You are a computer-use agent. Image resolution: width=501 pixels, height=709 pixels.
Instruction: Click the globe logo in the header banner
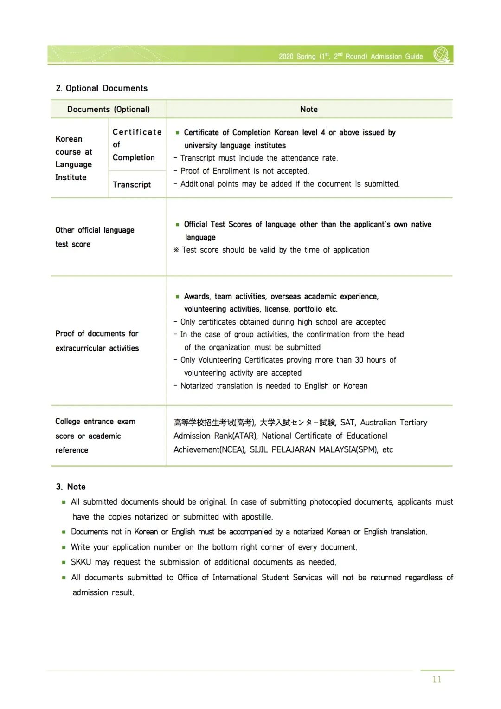click(x=442, y=54)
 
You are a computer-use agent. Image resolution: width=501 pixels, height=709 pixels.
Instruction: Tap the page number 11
click(x=437, y=679)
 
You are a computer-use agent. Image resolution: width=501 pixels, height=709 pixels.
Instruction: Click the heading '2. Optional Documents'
click(x=102, y=88)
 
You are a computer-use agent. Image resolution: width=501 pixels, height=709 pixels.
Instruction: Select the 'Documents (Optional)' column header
click(x=109, y=110)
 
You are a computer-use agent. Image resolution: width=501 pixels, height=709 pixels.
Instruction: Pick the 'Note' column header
click(x=309, y=110)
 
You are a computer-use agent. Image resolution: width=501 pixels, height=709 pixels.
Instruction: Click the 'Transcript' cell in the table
click(x=132, y=185)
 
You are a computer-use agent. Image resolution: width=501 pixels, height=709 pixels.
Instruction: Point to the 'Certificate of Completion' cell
click(x=137, y=145)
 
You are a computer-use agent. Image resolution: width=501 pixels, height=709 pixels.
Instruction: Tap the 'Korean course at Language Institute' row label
click(x=73, y=158)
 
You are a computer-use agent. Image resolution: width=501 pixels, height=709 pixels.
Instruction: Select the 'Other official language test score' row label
click(x=95, y=237)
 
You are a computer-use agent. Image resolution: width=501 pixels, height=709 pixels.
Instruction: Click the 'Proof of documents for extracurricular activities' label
click(x=97, y=341)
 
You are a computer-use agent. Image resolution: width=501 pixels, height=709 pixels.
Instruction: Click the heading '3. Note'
click(x=71, y=487)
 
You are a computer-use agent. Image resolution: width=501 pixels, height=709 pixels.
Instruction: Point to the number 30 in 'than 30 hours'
click(x=359, y=360)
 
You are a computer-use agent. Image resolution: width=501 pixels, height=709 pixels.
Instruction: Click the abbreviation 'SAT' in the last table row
click(x=347, y=423)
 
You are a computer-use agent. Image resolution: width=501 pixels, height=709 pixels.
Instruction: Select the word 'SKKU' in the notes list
click(x=81, y=562)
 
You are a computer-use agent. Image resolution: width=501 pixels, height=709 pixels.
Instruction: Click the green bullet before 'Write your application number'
click(x=64, y=547)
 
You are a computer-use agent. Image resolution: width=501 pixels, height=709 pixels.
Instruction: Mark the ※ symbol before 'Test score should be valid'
click(x=176, y=250)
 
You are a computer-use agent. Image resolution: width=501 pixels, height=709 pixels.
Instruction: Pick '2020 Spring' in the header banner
click(x=297, y=57)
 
